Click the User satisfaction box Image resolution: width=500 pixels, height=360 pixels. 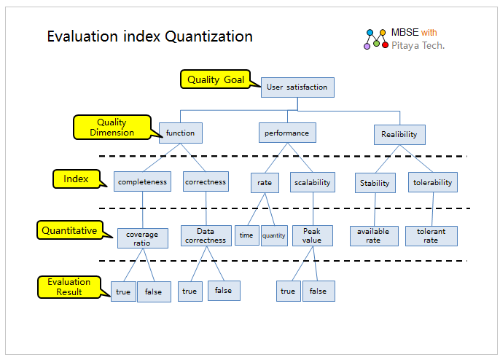click(x=297, y=87)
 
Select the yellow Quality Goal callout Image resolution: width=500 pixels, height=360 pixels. click(x=216, y=79)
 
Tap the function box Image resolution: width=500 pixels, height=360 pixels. click(x=181, y=133)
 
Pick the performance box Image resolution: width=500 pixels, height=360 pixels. click(x=287, y=133)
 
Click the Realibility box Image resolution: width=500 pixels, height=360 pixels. click(x=399, y=135)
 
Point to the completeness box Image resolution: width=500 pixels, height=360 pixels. click(x=142, y=181)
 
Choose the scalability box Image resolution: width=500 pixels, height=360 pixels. click(x=313, y=182)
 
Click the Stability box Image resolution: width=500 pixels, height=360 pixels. click(x=375, y=183)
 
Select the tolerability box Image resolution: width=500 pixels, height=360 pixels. click(x=433, y=182)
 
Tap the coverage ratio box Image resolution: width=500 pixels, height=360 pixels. click(x=143, y=238)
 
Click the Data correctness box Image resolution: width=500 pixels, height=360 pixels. click(x=206, y=235)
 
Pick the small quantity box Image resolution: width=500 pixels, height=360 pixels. click(x=274, y=235)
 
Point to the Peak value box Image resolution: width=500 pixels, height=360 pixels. click(x=313, y=235)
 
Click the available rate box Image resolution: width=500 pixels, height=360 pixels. click(x=374, y=236)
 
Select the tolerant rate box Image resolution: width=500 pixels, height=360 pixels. click(x=431, y=236)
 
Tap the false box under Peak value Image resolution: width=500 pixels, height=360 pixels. click(x=319, y=291)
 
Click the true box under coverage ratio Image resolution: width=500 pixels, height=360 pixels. click(x=123, y=291)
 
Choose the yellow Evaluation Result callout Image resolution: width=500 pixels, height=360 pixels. click(x=69, y=287)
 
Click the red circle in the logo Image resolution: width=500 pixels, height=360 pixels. click(x=385, y=45)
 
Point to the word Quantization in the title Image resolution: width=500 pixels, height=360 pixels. click(x=209, y=36)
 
